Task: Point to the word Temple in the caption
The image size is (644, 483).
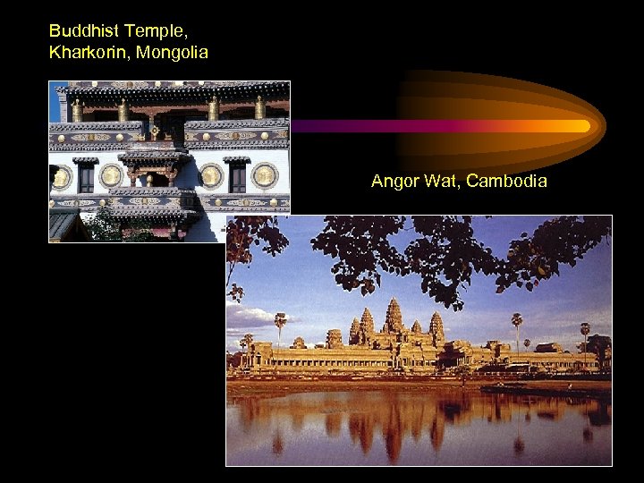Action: click(x=155, y=30)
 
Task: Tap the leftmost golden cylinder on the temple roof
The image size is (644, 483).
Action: click(x=77, y=110)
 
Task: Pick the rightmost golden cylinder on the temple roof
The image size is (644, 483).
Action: click(x=259, y=108)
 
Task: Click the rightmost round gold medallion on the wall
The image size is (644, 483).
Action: click(x=264, y=175)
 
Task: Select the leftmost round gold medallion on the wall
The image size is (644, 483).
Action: click(x=61, y=177)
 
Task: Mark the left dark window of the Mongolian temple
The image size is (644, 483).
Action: click(x=86, y=177)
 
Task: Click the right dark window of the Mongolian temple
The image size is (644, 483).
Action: click(x=237, y=176)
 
